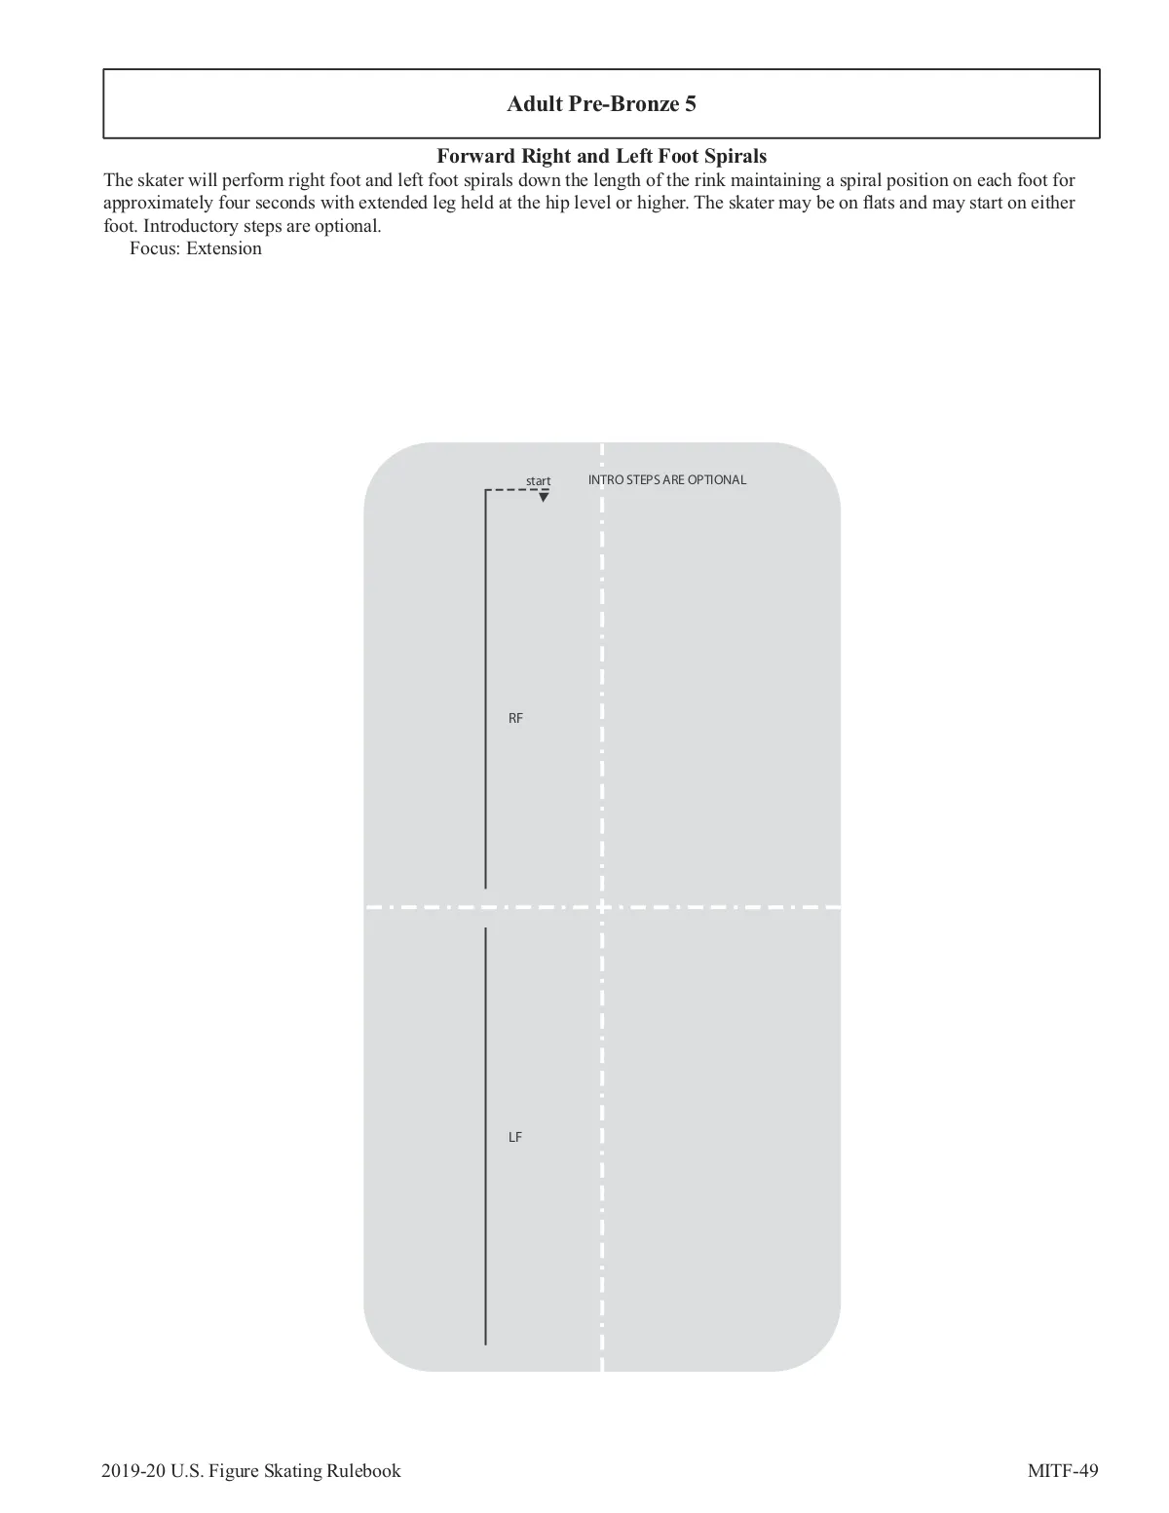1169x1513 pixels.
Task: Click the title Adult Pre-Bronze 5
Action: [601, 104]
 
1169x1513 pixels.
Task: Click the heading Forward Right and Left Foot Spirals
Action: [601, 156]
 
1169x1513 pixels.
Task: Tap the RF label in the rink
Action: [515, 718]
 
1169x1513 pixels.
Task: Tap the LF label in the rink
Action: [515, 1137]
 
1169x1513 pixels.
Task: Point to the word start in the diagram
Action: [538, 481]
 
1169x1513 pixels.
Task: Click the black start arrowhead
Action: [544, 498]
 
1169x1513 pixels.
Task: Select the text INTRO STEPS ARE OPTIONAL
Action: [667, 479]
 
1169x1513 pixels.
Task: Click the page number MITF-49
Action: [1063, 1470]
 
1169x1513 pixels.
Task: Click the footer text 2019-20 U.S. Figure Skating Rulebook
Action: [250, 1470]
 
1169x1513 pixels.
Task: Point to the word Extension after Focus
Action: [224, 248]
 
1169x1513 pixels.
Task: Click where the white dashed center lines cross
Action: [602, 907]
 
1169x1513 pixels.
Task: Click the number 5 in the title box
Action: [691, 104]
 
